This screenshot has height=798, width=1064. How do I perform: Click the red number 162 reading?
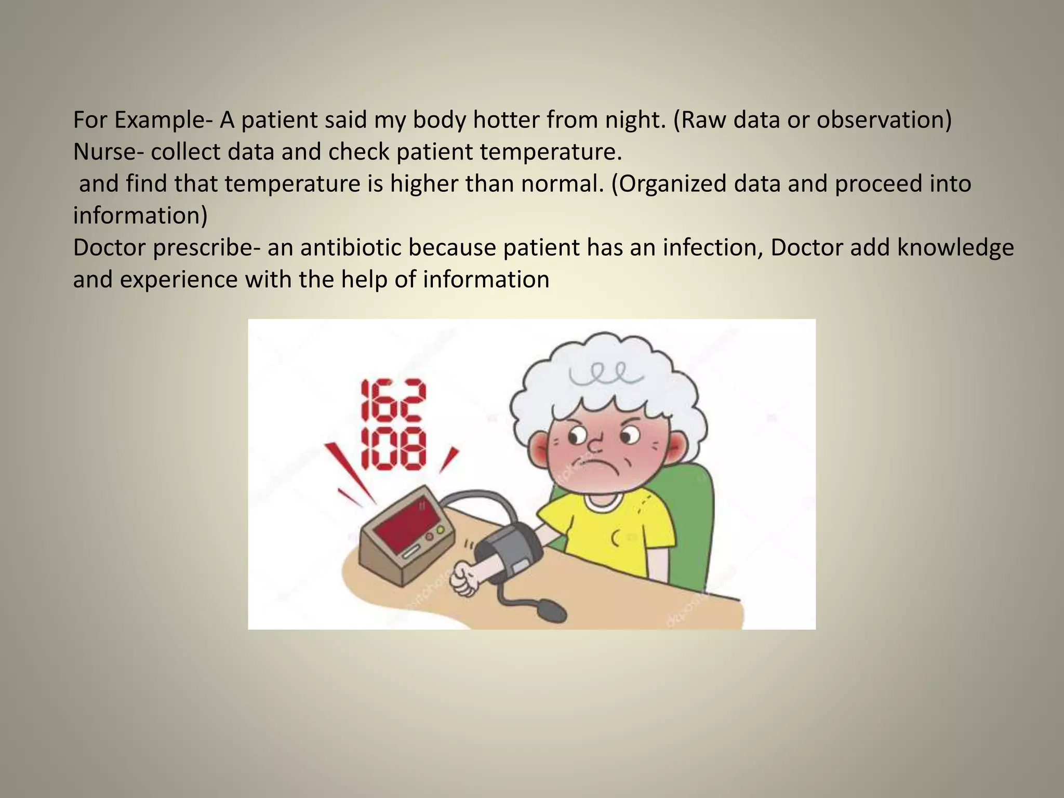coord(393,401)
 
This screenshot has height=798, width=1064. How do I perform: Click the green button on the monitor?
coord(441,530)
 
